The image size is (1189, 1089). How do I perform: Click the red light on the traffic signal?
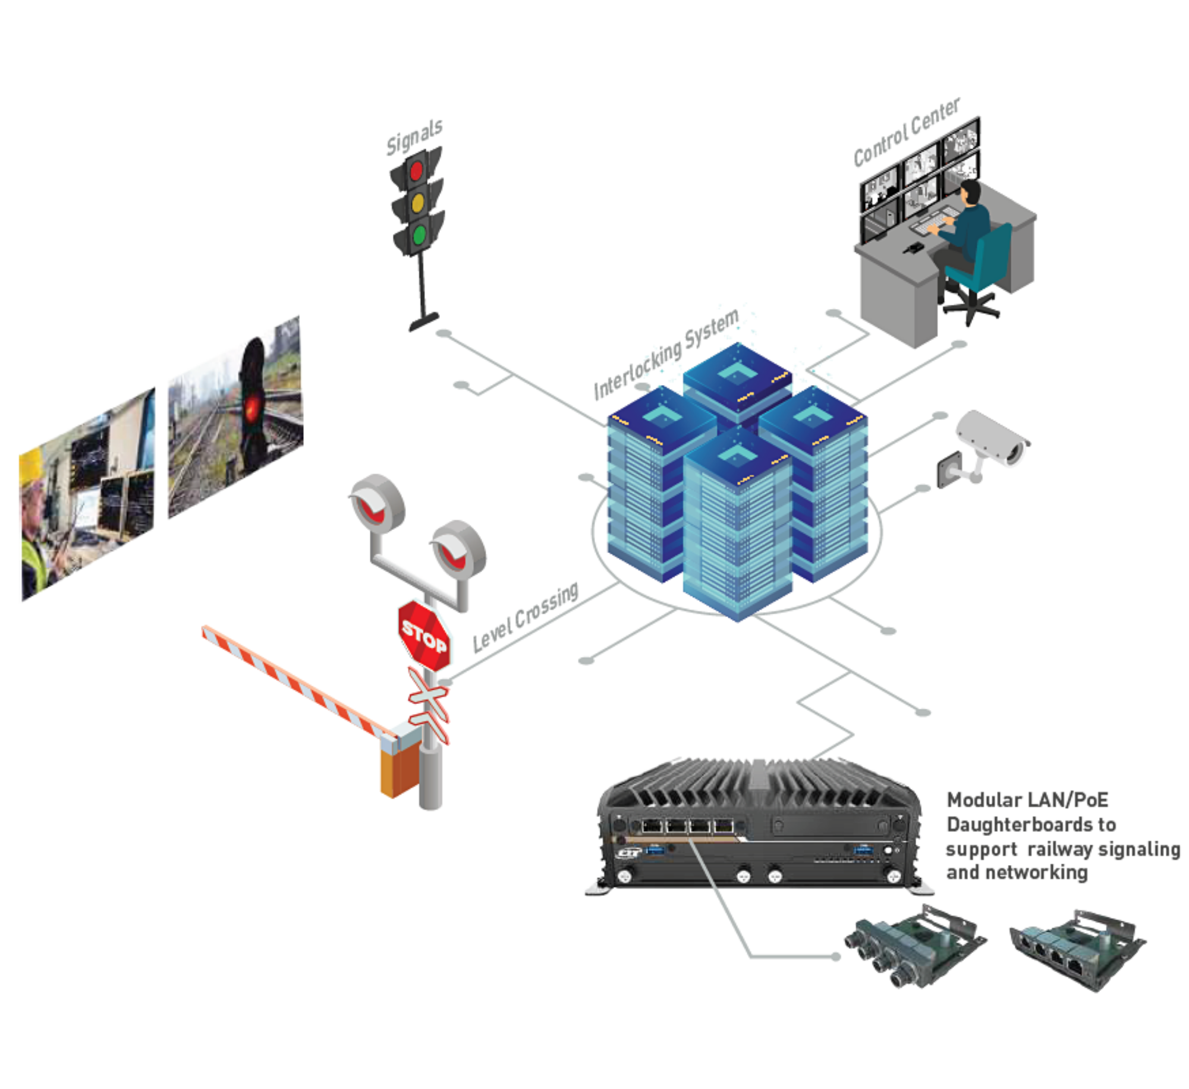coord(416,171)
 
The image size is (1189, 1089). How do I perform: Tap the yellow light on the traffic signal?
coord(417,203)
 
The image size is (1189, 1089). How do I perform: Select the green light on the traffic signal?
coord(419,235)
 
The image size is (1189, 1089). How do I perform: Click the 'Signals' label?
coord(414,137)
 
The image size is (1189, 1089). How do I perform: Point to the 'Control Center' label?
coord(906,131)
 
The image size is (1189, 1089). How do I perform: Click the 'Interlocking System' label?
coord(666,354)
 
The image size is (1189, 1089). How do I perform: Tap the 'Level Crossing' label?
coord(526,617)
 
